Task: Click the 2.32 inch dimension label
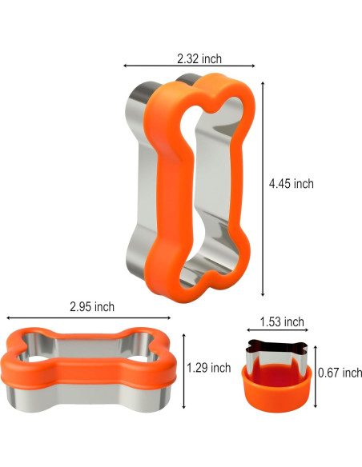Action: point(199,58)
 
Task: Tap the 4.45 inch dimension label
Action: point(291,183)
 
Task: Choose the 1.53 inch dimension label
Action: point(281,322)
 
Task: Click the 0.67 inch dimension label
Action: point(340,373)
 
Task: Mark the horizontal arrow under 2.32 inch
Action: point(189,66)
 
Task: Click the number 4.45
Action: point(280,183)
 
